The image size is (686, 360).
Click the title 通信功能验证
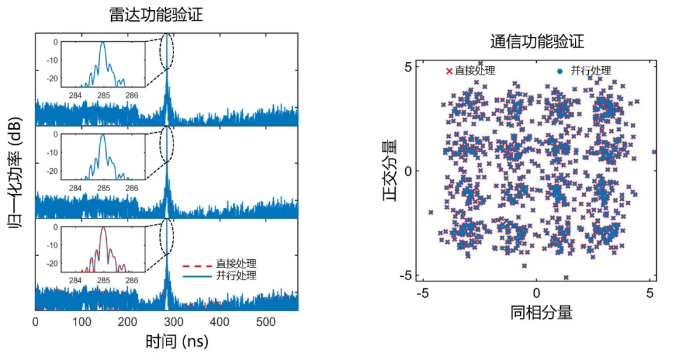click(537, 42)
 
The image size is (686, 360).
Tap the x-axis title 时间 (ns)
click(177, 342)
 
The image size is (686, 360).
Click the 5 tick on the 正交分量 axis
click(410, 67)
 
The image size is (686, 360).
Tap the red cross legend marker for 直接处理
click(449, 71)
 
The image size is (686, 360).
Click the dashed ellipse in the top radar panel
click(166, 52)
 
